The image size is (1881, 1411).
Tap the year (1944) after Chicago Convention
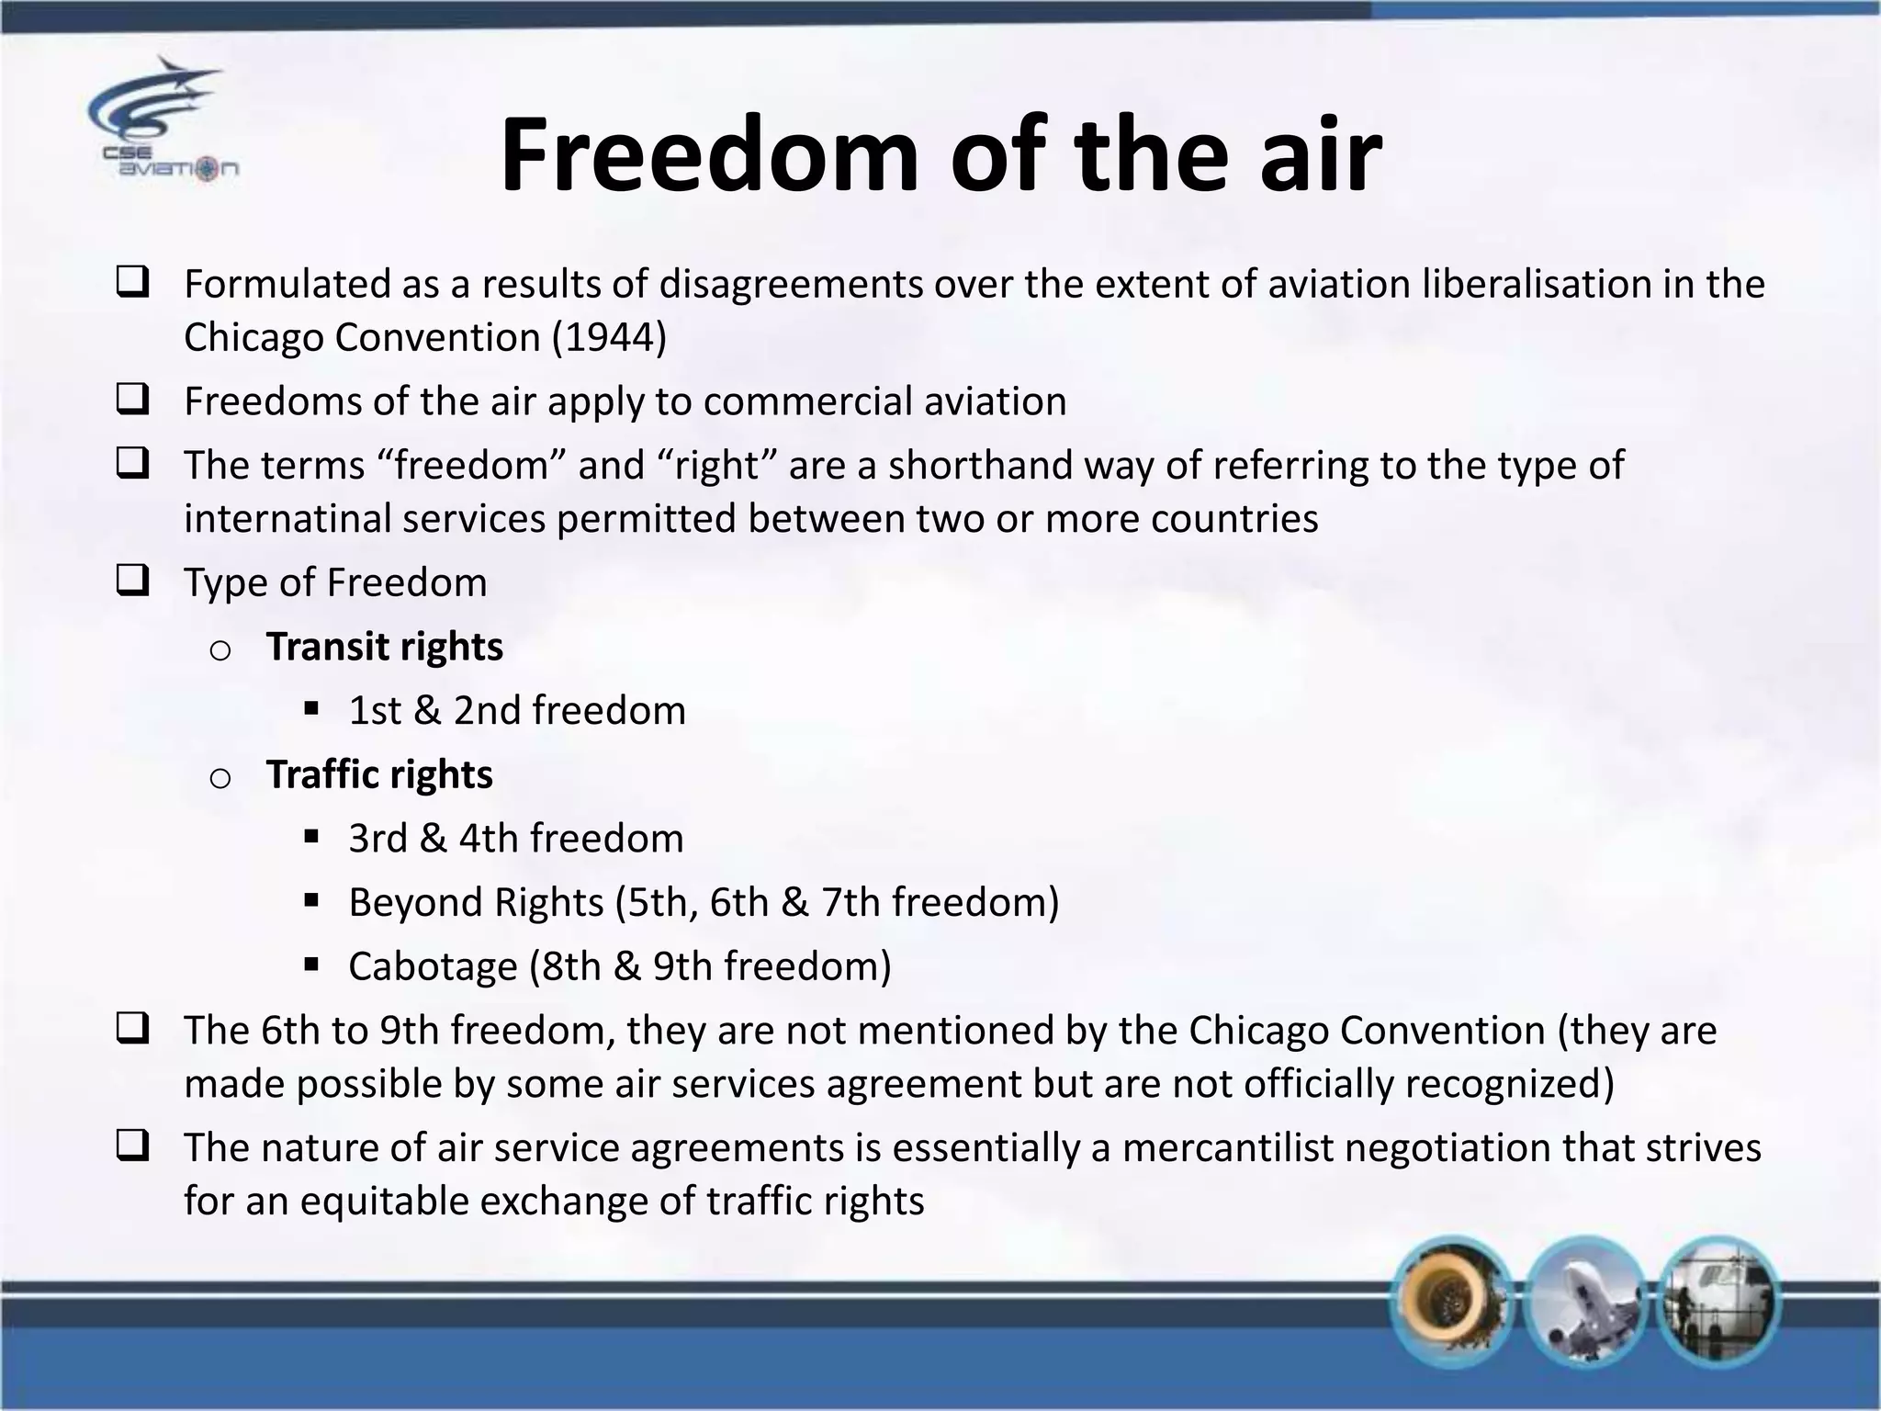point(609,337)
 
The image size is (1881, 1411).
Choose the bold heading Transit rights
point(384,647)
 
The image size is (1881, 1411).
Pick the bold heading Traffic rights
point(379,774)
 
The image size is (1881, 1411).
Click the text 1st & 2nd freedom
point(516,710)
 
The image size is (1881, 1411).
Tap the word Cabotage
point(433,966)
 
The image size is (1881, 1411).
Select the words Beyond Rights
point(476,902)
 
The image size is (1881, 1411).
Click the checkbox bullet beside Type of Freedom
point(133,582)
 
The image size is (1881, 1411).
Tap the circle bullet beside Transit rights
point(220,650)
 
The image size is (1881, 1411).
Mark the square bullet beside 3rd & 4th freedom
point(310,837)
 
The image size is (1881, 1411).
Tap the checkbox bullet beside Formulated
point(133,284)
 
